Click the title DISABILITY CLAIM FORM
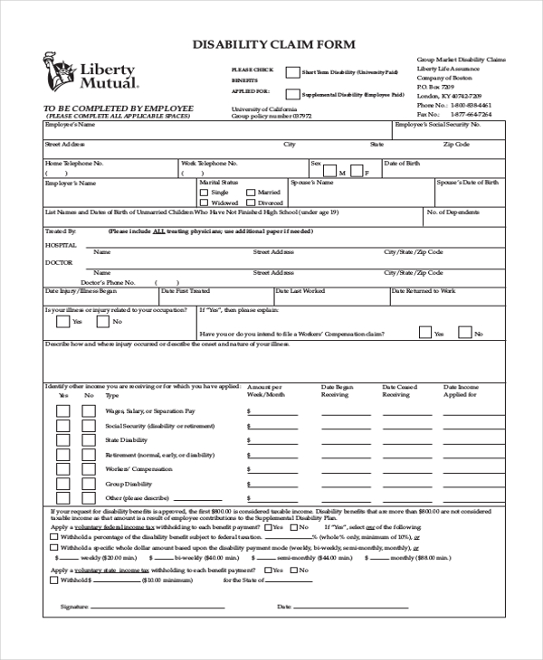click(x=271, y=43)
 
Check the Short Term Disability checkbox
click(x=292, y=72)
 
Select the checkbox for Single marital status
click(x=204, y=193)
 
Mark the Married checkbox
click(x=251, y=193)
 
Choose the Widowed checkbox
click(x=204, y=203)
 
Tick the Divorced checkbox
click(x=251, y=203)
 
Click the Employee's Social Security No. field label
click(x=437, y=126)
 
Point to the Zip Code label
click(x=456, y=144)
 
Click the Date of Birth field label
click(x=402, y=164)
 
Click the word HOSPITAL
click(x=62, y=244)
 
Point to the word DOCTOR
click(x=59, y=262)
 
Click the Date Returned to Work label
click(x=424, y=291)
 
